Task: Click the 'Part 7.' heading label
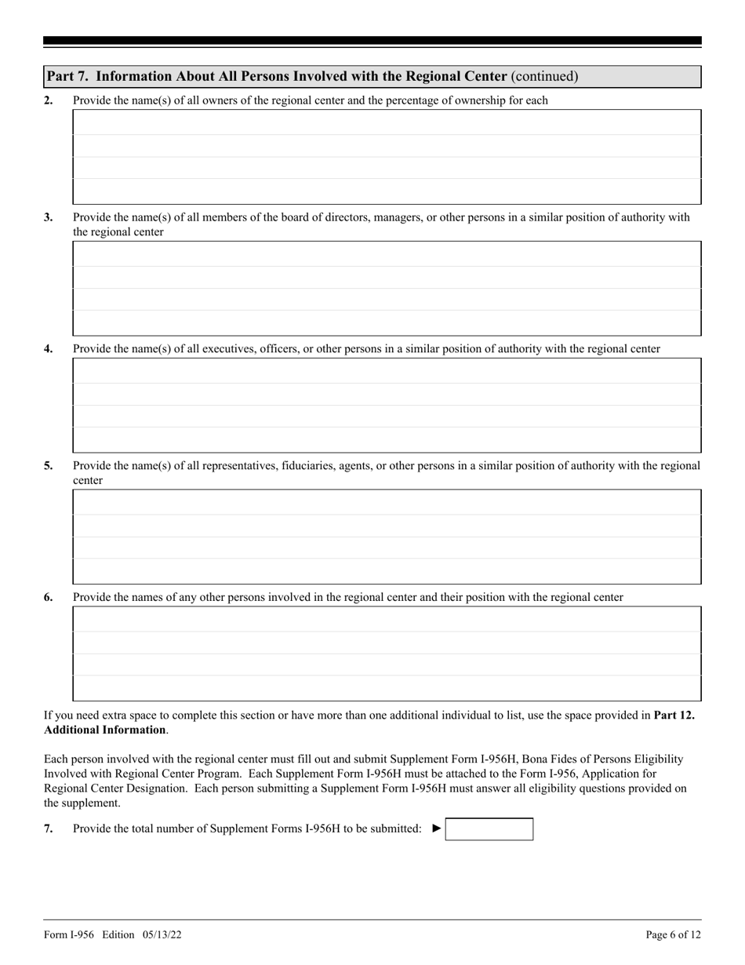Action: pyautogui.click(x=68, y=77)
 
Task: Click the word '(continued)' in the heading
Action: pyautogui.click(x=544, y=77)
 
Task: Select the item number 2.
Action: pyautogui.click(x=49, y=100)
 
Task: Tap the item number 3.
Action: pyautogui.click(x=49, y=217)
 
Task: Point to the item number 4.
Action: pyautogui.click(x=49, y=349)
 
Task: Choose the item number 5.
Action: pyautogui.click(x=49, y=466)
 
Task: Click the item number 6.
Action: pyautogui.click(x=49, y=598)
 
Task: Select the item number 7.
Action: pyautogui.click(x=49, y=828)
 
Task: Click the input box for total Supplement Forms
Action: pyautogui.click(x=489, y=829)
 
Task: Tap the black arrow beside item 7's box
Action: pyautogui.click(x=437, y=828)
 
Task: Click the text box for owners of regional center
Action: pyautogui.click(x=387, y=157)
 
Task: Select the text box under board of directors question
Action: pyautogui.click(x=387, y=289)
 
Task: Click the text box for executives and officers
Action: pyautogui.click(x=387, y=406)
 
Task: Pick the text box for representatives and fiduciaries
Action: pyautogui.click(x=387, y=537)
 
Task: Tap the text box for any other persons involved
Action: pyautogui.click(x=387, y=654)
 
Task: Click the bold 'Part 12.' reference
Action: pyautogui.click(x=674, y=716)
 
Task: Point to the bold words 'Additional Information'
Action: pyautogui.click(x=104, y=730)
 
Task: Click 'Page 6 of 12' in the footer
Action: pyautogui.click(x=673, y=934)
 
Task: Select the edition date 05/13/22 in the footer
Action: pyautogui.click(x=163, y=934)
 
